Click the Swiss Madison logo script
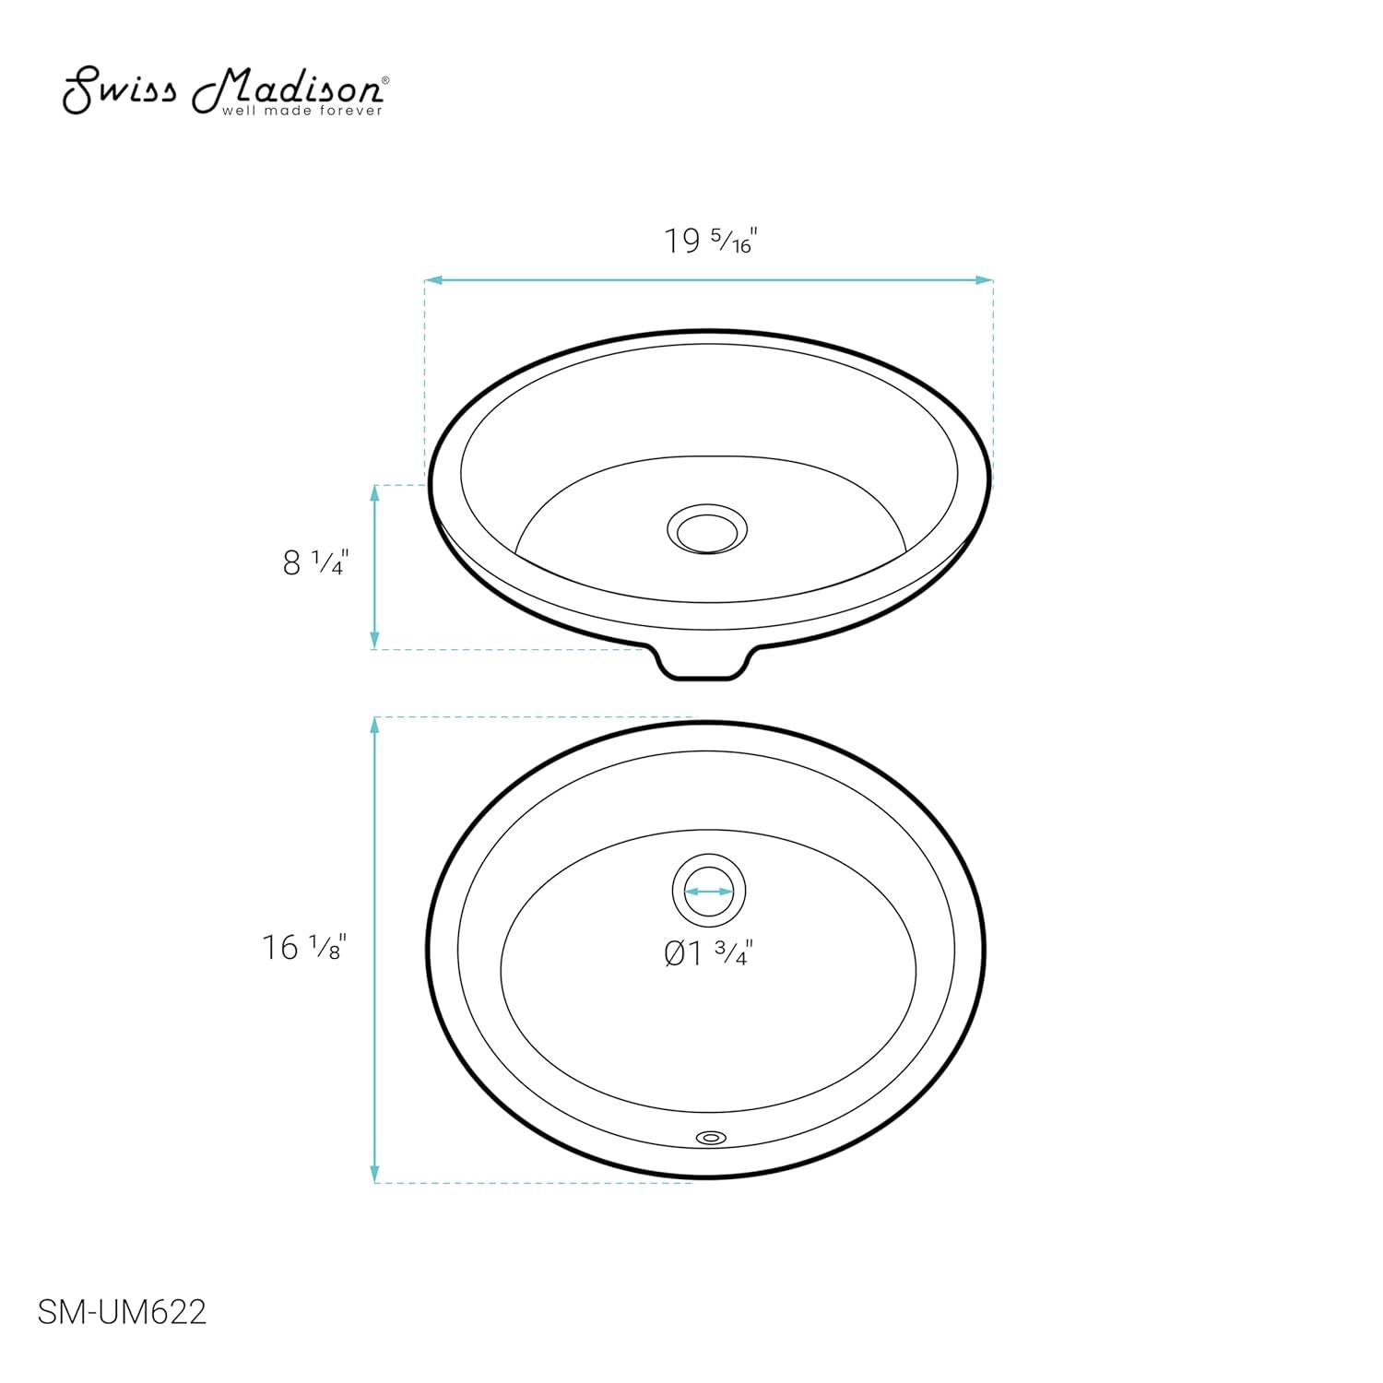(x=221, y=89)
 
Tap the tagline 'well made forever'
(x=301, y=112)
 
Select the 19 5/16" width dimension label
(x=710, y=242)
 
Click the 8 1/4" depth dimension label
(x=313, y=561)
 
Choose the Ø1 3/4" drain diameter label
(x=708, y=953)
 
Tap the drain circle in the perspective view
(x=706, y=529)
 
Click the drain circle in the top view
(x=708, y=892)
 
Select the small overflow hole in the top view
(x=710, y=1139)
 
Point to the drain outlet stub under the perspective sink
(x=705, y=664)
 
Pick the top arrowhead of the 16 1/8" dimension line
(x=374, y=725)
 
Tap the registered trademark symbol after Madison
(x=385, y=81)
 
